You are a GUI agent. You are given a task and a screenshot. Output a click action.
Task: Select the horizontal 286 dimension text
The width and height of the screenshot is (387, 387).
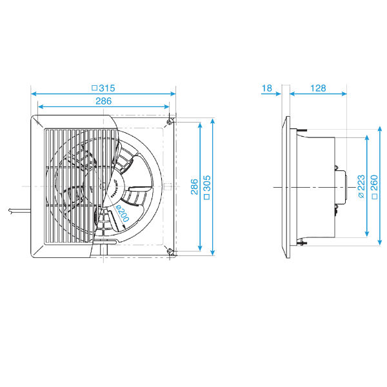104,101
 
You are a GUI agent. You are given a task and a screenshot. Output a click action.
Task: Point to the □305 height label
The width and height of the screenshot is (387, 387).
206,187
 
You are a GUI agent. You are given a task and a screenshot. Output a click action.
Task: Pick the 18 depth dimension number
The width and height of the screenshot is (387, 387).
267,88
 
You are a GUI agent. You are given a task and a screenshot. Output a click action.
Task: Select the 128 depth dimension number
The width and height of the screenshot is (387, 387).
318,88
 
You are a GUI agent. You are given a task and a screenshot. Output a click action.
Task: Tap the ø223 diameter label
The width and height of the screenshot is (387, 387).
360,187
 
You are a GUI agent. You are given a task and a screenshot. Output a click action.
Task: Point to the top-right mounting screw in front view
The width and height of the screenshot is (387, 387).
170,122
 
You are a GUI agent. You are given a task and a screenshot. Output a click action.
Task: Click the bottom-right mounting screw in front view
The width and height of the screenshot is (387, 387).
170,252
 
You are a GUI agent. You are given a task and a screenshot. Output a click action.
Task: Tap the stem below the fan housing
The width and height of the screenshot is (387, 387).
106,248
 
